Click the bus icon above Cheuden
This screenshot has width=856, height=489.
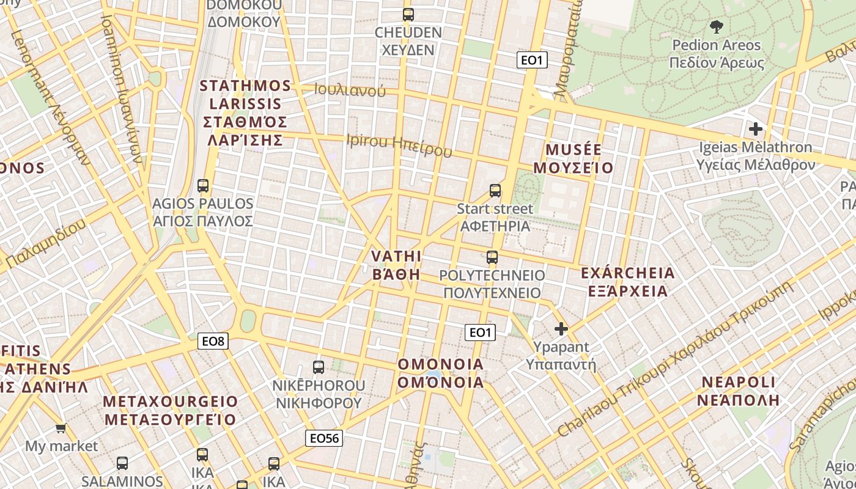point(408,15)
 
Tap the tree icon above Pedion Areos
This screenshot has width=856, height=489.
point(716,26)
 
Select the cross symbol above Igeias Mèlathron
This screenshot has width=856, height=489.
point(756,129)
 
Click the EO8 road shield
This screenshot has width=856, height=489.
point(213,341)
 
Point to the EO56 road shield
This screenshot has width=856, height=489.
point(324,438)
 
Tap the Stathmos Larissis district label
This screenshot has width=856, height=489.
point(245,112)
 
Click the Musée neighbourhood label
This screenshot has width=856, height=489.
point(574,158)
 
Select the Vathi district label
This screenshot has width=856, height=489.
point(397,265)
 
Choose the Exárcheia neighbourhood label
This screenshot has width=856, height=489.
point(628,281)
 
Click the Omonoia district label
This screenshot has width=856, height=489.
point(441,373)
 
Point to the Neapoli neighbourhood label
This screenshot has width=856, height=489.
point(738,391)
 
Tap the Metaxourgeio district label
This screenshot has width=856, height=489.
point(170,410)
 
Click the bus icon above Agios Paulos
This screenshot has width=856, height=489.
point(203,186)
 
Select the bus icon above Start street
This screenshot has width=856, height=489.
point(495,191)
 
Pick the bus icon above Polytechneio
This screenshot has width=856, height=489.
point(492,257)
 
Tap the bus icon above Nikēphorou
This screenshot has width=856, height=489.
point(319,367)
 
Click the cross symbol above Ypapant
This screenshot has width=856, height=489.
point(561,329)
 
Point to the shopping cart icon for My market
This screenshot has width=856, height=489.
point(61,428)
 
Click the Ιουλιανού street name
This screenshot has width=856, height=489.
point(350,90)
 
